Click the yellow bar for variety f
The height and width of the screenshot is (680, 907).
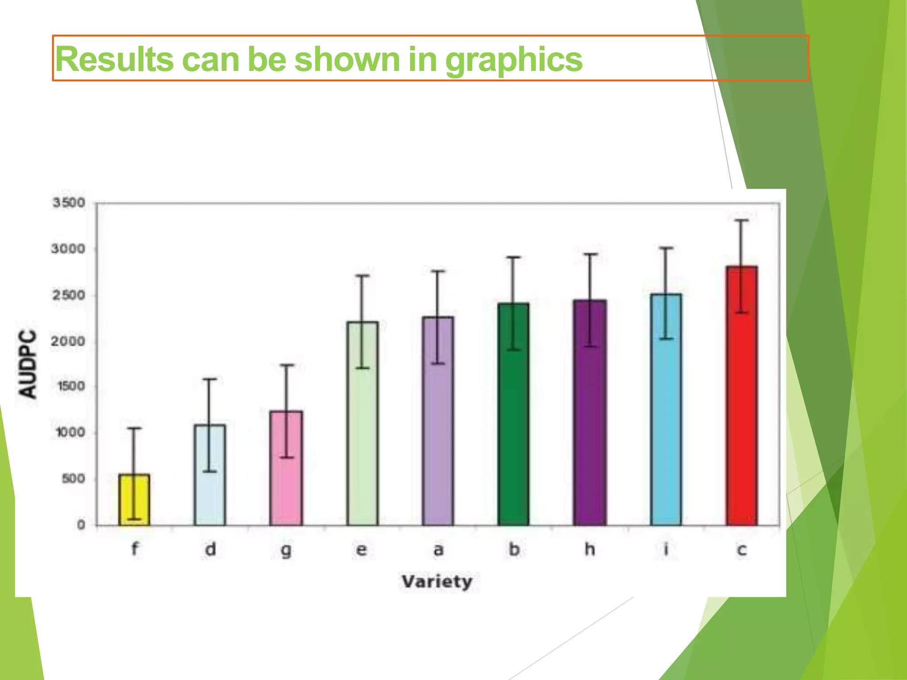pos(134,500)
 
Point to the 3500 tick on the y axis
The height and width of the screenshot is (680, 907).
pos(69,203)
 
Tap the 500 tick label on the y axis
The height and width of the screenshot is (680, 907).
pos(73,479)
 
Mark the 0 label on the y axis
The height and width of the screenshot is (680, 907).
pos(81,525)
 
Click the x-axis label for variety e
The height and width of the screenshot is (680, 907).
pos(362,550)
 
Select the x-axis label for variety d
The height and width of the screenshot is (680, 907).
pos(210,549)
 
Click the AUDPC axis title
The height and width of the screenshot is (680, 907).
pos(27,364)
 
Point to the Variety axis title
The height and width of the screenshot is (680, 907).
pos(437,581)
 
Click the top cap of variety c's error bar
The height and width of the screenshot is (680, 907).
pos(742,220)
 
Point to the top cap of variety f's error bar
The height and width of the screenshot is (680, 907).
pos(134,428)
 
